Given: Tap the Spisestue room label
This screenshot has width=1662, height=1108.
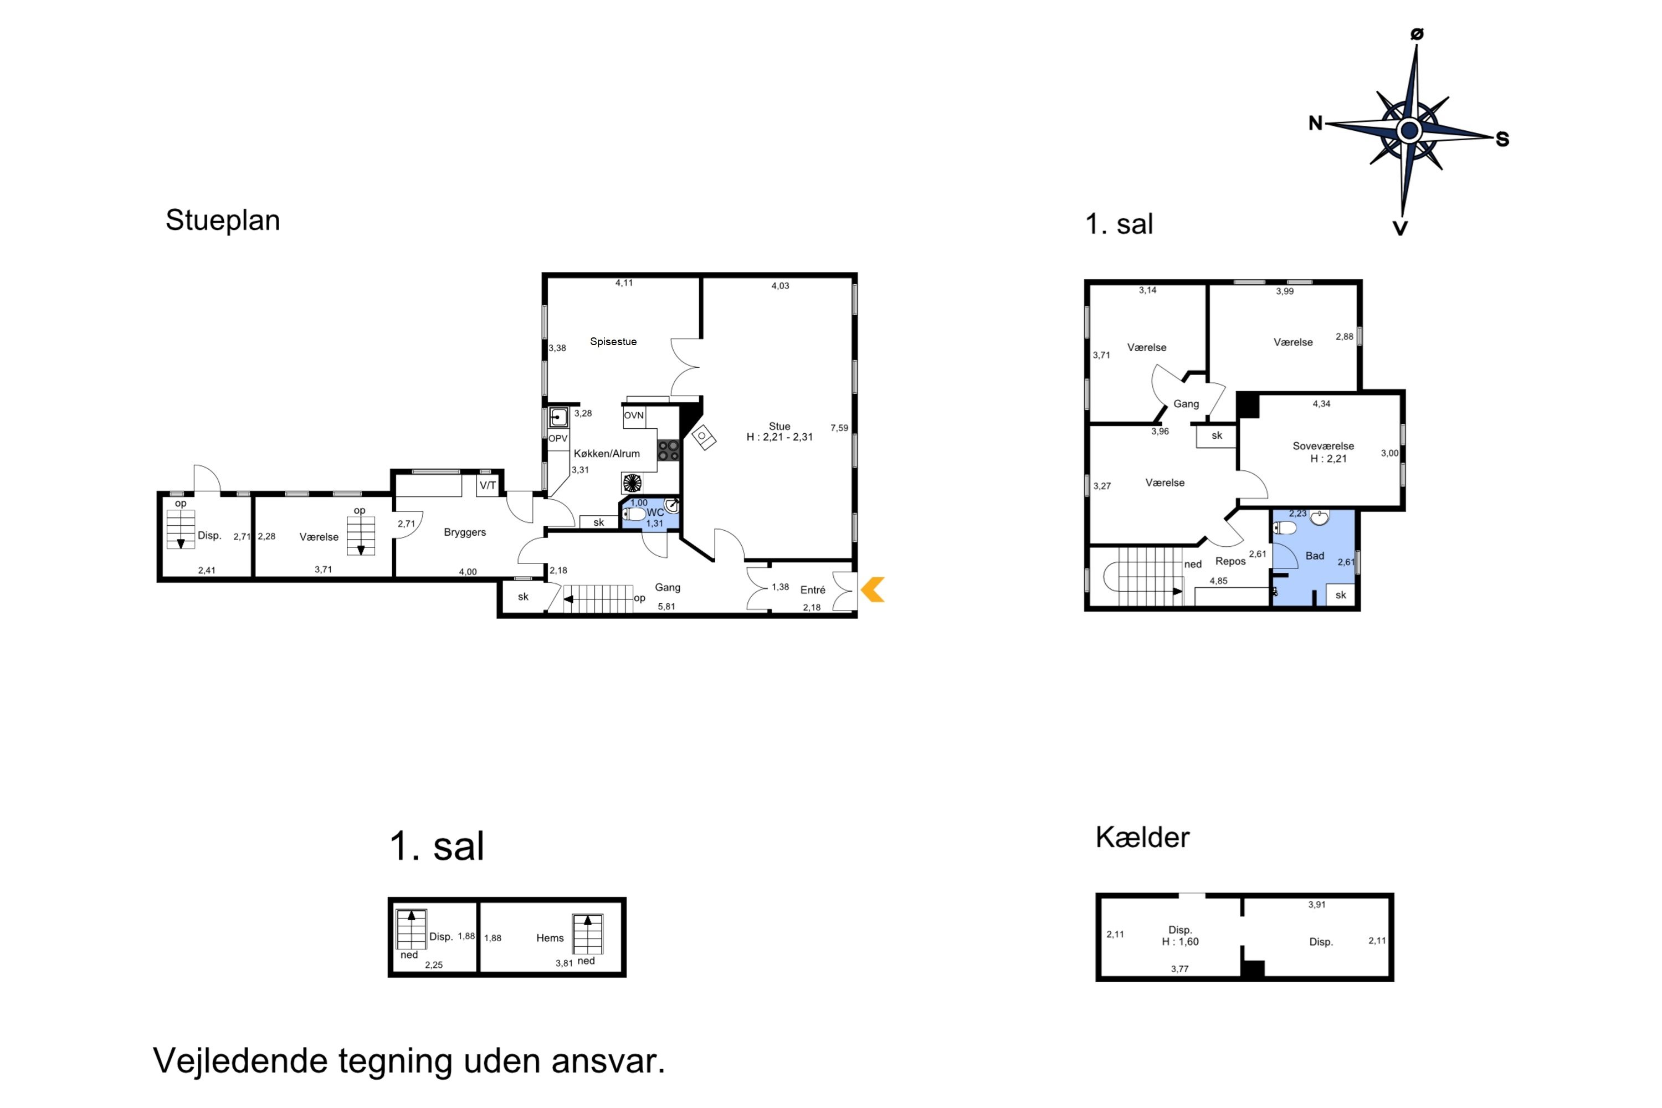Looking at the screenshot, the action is coord(613,341).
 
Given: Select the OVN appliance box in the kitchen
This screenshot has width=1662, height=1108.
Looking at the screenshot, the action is coord(634,416).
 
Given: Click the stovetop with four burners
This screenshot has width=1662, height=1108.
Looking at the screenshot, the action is coord(668,450).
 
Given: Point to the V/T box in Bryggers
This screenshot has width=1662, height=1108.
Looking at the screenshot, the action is coord(488,485).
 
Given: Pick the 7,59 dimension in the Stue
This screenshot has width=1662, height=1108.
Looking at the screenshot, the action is coord(839,428).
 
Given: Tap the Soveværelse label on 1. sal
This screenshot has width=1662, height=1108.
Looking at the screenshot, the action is coord(1324,446).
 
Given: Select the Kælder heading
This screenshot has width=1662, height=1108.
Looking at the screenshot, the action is coord(1142,837).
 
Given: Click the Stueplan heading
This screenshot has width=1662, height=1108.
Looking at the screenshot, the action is coord(223,220).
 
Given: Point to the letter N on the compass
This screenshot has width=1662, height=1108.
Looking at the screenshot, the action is coord(1315,123).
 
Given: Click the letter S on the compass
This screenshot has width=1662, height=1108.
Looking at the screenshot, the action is coord(1502,139).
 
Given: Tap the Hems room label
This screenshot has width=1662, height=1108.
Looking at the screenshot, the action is coord(550,938).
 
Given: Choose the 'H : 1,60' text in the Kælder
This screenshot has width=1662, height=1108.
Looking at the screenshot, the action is coord(1180,942).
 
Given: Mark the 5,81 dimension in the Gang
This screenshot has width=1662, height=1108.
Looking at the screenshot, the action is coord(666,606).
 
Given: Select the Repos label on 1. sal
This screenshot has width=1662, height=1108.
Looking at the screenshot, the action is coord(1230,561).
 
